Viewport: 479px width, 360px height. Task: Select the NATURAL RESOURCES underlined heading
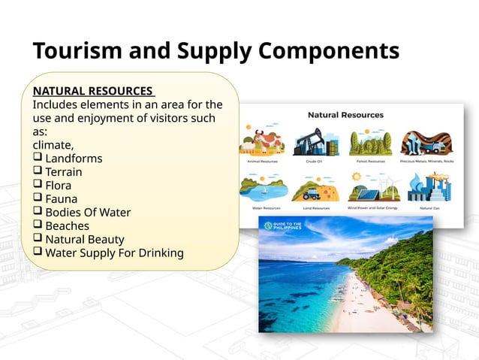point(92,91)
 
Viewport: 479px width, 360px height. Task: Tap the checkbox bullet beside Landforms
point(38,159)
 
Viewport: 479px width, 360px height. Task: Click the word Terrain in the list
point(64,172)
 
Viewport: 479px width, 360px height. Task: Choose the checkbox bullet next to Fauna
point(38,199)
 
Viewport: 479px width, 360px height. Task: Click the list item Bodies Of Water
point(88,213)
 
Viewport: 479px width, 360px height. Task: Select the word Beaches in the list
point(67,226)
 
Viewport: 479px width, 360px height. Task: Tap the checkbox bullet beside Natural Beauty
point(38,240)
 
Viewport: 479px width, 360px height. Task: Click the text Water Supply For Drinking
point(114,253)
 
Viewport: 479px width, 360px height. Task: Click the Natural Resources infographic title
point(346,115)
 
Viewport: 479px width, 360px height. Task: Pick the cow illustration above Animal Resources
point(263,141)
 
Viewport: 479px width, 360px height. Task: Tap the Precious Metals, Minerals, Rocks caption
point(426,161)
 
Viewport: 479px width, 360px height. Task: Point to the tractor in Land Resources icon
point(315,191)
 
